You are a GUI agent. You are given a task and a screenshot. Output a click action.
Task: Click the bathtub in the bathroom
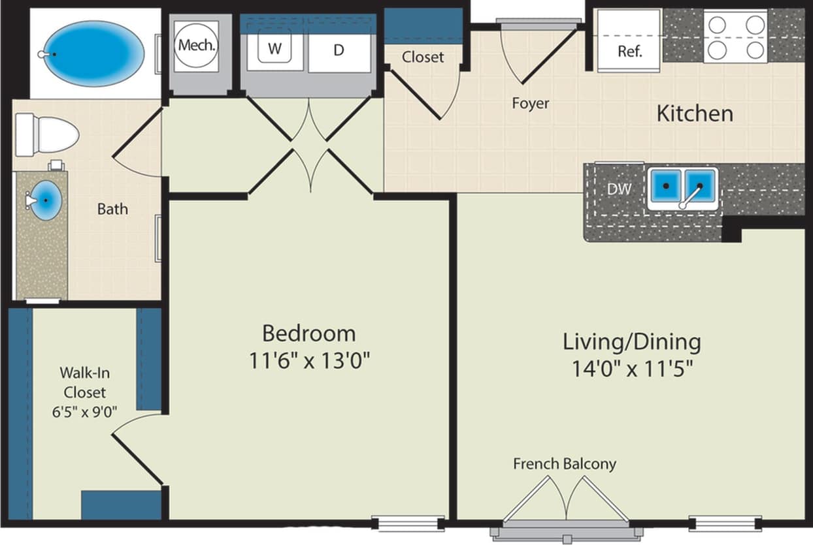click(91, 54)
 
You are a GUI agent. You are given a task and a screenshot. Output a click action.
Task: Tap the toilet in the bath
click(47, 135)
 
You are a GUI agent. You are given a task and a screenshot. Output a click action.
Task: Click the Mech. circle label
click(197, 46)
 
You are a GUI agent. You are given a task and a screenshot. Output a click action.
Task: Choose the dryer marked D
click(339, 50)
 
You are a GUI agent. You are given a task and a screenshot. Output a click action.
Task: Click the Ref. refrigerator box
click(629, 50)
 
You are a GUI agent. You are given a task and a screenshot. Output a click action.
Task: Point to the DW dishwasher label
click(619, 189)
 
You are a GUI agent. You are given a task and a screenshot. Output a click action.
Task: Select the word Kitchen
click(694, 114)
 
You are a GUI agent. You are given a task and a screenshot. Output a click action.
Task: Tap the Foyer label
click(530, 103)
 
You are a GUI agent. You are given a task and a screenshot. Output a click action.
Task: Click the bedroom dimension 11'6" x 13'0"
click(310, 360)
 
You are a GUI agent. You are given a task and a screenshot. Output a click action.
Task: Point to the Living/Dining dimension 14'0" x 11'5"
click(632, 369)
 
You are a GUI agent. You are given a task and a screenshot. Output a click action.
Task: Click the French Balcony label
click(564, 464)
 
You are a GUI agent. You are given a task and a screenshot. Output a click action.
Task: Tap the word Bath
click(112, 210)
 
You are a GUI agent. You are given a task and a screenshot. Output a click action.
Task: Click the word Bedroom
click(308, 334)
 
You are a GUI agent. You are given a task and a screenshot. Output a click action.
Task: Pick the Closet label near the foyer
click(423, 57)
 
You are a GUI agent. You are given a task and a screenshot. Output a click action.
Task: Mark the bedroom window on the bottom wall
click(408, 523)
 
